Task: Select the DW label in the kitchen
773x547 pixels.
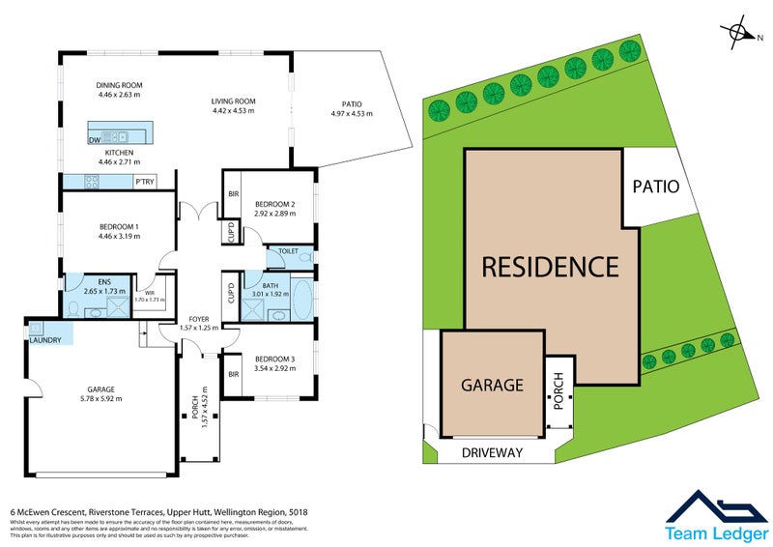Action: pos(94,141)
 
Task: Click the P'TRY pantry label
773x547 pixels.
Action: pos(145,182)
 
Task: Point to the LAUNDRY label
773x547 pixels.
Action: pos(45,340)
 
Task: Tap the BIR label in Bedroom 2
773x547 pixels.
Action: pos(232,193)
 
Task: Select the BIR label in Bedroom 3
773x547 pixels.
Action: pos(232,373)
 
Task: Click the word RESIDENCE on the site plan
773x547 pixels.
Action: pos(550,265)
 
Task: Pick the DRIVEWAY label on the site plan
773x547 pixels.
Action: pos(492,452)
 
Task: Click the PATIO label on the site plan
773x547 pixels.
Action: pos(658,187)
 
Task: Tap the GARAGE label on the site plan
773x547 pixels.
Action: pos(492,385)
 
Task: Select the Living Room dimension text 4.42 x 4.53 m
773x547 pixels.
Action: pos(234,110)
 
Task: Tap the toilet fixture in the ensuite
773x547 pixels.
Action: pos(73,309)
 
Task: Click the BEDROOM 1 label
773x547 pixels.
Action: pos(119,226)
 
